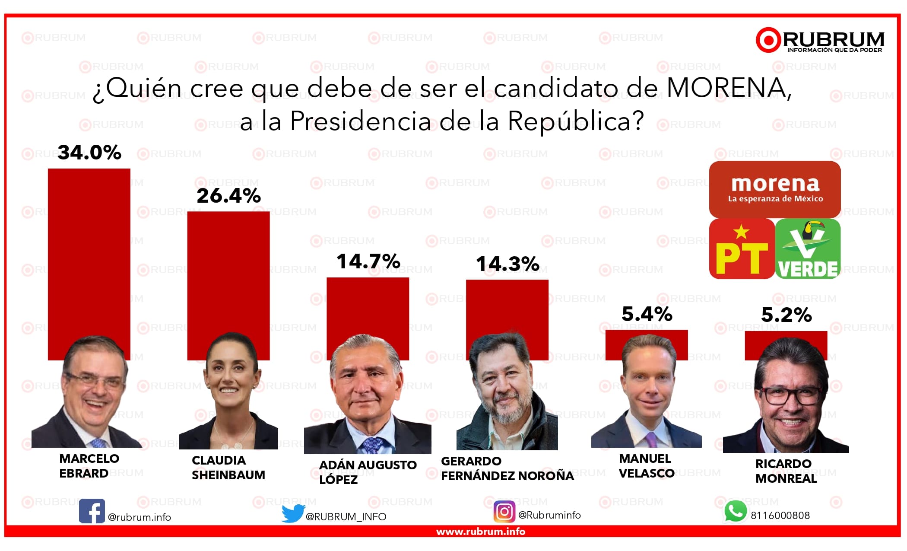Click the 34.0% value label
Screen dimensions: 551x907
[x=89, y=153]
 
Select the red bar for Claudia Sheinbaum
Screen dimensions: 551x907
[x=228, y=268]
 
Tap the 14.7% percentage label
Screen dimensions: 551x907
[x=368, y=261]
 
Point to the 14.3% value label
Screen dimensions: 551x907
[x=507, y=264]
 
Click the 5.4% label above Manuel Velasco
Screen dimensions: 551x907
[x=647, y=314]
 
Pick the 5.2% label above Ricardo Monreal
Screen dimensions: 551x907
[x=786, y=315]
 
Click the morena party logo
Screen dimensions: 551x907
[x=775, y=189]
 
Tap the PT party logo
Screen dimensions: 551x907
[x=742, y=249]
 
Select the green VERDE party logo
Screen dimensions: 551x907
[x=808, y=249]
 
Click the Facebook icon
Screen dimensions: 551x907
[x=92, y=511]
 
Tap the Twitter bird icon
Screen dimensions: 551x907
[x=293, y=513]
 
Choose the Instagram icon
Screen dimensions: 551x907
[x=504, y=512]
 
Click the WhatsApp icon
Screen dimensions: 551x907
[x=735, y=512]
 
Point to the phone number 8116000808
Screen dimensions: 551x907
[x=780, y=516]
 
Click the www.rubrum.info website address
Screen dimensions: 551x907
[x=480, y=532]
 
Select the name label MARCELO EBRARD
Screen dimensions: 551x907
[x=89, y=466]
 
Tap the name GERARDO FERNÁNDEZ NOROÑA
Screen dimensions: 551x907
[x=507, y=468]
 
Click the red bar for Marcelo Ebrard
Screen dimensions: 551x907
[x=89, y=251]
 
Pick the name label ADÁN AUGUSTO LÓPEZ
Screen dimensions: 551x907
[x=368, y=472]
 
